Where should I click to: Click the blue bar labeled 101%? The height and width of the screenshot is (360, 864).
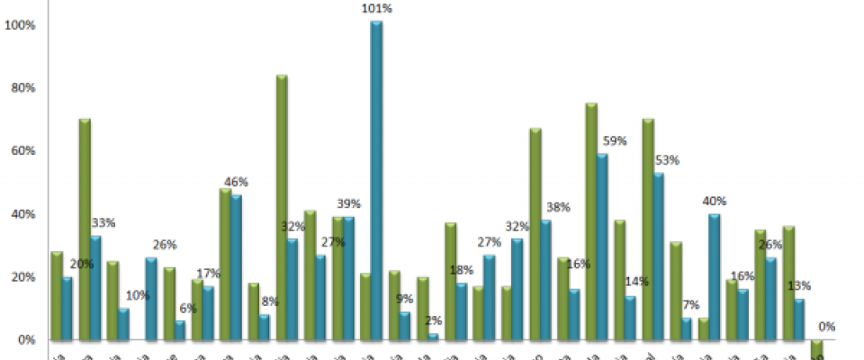(x=376, y=180)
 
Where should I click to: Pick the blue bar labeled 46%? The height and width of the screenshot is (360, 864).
(x=236, y=267)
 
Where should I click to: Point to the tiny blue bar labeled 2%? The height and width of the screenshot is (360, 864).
(x=433, y=337)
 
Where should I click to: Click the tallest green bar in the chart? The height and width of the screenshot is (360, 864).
(x=282, y=207)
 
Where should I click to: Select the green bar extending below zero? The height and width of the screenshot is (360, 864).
(x=816, y=349)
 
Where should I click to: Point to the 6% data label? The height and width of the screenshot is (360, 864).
(x=187, y=307)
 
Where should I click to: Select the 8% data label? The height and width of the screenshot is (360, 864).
(x=269, y=301)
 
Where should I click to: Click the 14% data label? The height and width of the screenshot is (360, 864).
(x=634, y=282)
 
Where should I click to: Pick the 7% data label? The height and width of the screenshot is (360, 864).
(x=692, y=303)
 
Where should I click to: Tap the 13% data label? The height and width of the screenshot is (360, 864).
(x=799, y=286)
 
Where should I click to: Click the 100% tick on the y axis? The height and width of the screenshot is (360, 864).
(x=20, y=25)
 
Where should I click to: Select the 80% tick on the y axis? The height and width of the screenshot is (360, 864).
(x=22, y=88)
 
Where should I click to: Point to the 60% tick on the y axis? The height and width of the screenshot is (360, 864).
(x=22, y=151)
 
